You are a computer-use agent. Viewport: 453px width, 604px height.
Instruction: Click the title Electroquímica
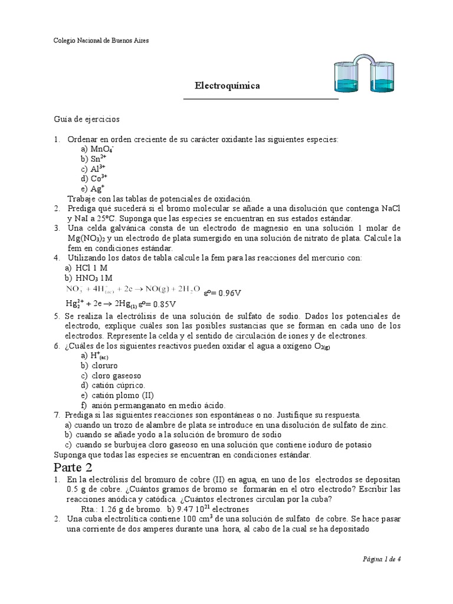tap(227, 86)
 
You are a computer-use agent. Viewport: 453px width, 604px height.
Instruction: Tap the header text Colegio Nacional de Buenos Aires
tap(101, 41)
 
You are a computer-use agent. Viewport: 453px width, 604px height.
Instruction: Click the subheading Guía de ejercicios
tap(86, 119)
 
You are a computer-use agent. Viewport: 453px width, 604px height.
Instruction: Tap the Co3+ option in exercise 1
tap(94, 178)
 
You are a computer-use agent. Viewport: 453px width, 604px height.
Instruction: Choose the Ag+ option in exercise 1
tap(93, 188)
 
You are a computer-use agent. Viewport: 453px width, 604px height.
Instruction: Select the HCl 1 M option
tap(88, 268)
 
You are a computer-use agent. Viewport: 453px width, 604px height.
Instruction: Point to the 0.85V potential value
tap(160, 304)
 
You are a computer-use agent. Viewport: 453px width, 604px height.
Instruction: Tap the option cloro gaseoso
tap(111, 375)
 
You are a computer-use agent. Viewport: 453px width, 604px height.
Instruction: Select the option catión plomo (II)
tap(118, 395)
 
